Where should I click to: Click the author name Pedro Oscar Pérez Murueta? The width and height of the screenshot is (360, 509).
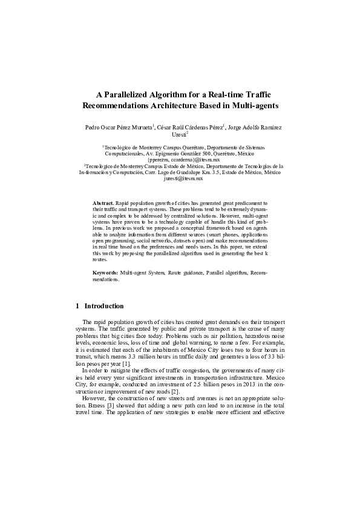click(x=117, y=128)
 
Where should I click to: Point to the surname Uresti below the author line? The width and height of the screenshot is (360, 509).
click(x=179, y=135)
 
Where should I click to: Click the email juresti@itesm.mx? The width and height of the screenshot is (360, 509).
click(x=179, y=180)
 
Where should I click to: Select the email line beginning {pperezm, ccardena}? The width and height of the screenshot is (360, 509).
click(x=180, y=160)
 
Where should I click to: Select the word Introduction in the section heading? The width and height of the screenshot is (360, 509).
click(x=104, y=306)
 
